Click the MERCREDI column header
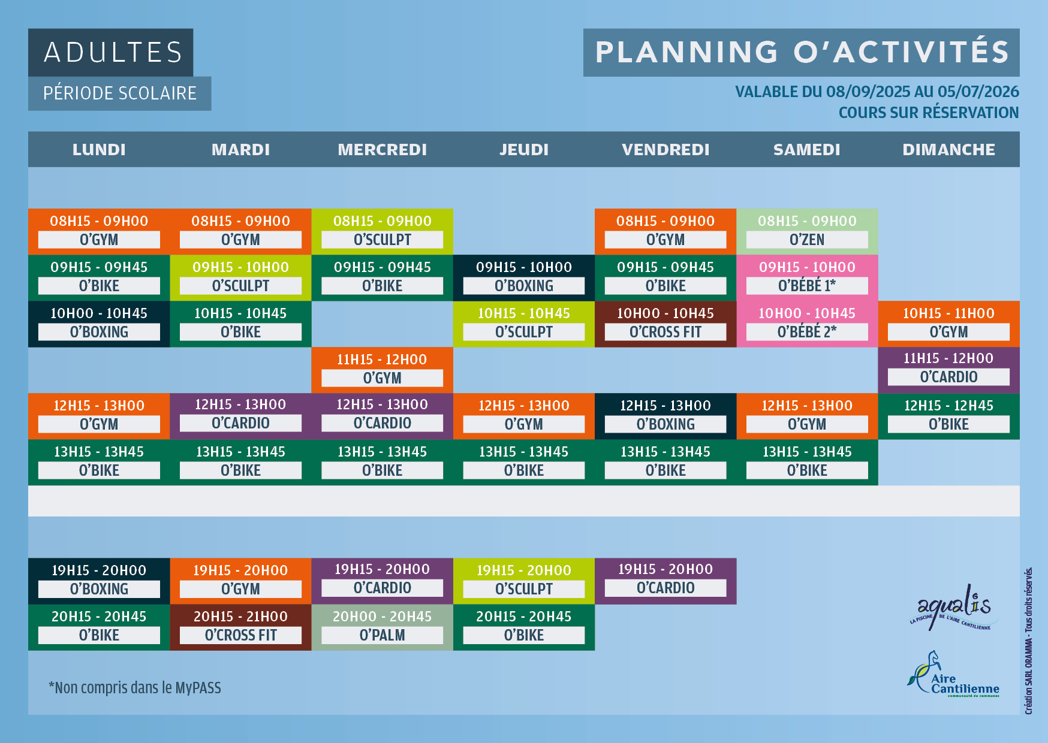click(x=382, y=149)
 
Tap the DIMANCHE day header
click(x=948, y=149)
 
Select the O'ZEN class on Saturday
click(x=807, y=231)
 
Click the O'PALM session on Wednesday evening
click(x=382, y=627)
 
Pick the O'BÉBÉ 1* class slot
click(x=807, y=277)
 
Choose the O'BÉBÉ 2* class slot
click(x=807, y=324)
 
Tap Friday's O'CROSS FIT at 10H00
click(x=665, y=324)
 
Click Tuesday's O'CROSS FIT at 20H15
click(x=240, y=627)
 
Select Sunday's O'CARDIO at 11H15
click(x=948, y=370)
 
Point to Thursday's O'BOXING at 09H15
click(x=524, y=277)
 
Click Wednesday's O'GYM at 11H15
click(x=382, y=370)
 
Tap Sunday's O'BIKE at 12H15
click(x=948, y=416)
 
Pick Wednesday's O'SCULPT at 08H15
click(x=382, y=231)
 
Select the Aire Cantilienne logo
click(x=953, y=675)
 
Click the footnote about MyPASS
click(x=135, y=687)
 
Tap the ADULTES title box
click(x=110, y=52)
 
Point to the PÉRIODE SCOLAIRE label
click(x=119, y=93)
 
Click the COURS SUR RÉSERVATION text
click(x=928, y=113)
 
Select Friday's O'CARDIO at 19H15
click(x=665, y=581)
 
